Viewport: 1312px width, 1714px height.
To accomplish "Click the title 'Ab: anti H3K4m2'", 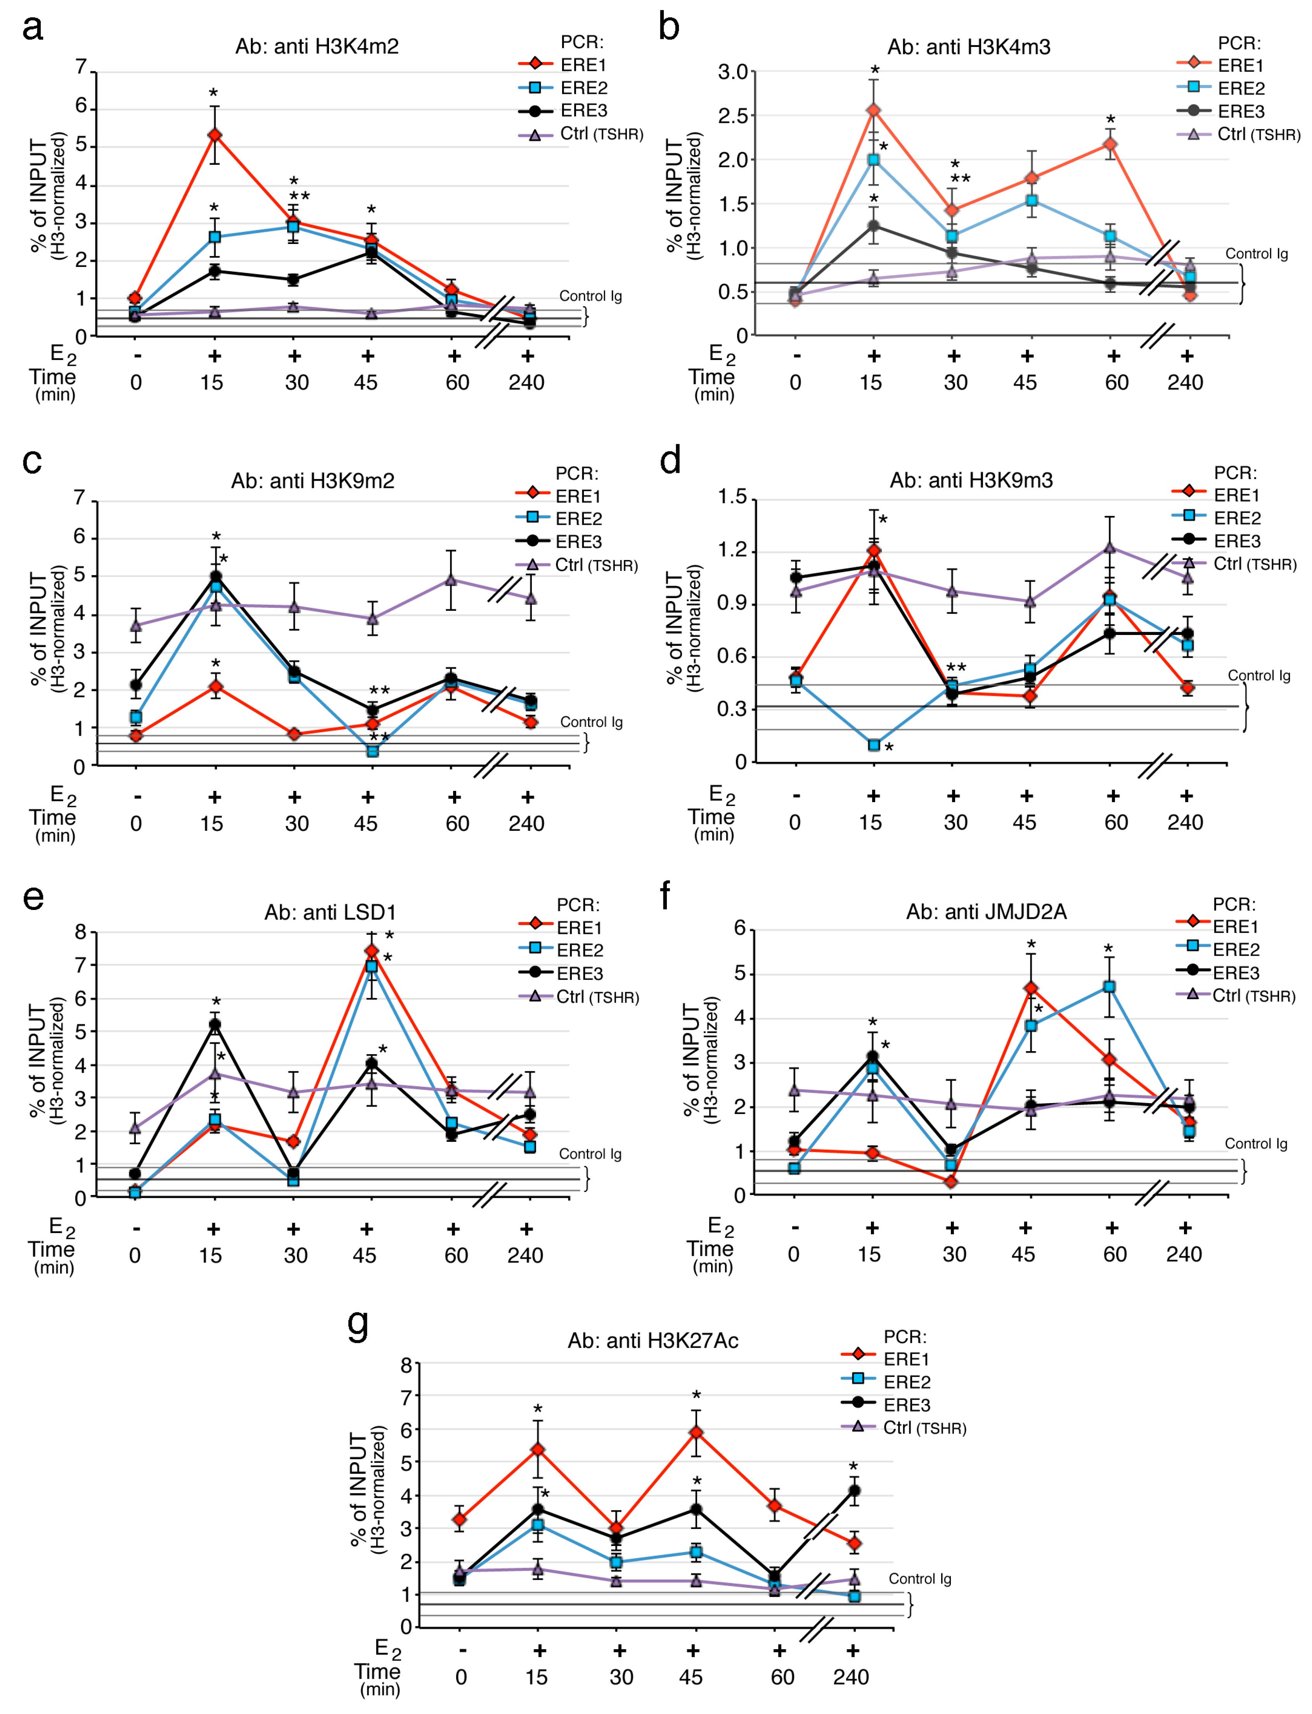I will [x=317, y=47].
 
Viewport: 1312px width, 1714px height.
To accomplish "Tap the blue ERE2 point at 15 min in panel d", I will [x=874, y=745].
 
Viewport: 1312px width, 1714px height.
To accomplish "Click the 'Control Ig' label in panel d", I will [x=1259, y=675].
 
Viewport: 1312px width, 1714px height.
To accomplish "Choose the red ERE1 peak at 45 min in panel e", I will [x=372, y=951].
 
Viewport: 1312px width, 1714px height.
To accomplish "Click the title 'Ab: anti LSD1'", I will [x=331, y=912].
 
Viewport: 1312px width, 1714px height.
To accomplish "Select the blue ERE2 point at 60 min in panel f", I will [x=1109, y=987].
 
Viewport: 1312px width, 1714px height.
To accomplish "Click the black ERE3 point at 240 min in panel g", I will [x=854, y=1491].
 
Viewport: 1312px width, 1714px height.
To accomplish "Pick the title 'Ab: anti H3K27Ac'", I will [x=653, y=1341].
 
